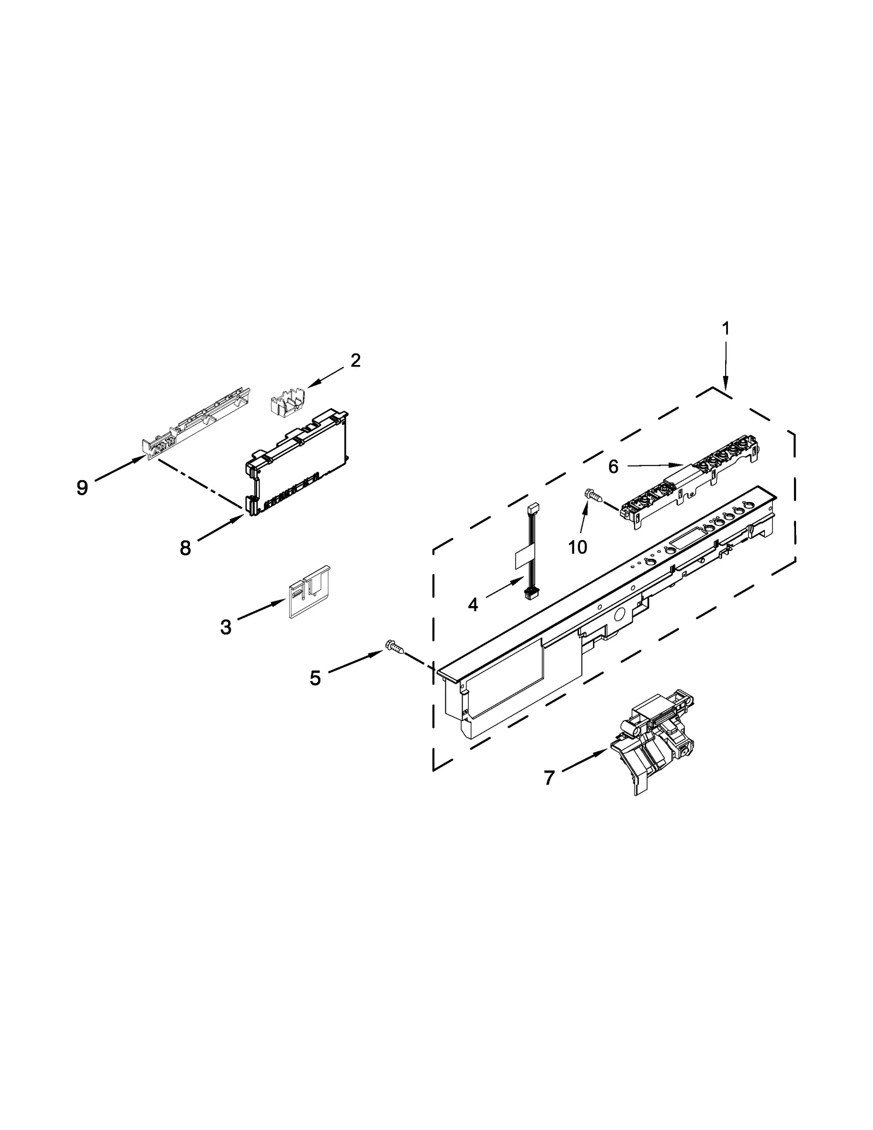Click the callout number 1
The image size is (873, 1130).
click(726, 328)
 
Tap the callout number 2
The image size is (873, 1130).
click(355, 360)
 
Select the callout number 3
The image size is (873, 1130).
click(225, 627)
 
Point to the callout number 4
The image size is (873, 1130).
click(473, 604)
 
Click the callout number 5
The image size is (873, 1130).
click(315, 678)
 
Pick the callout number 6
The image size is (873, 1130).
click(613, 467)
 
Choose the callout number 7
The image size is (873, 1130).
click(549, 778)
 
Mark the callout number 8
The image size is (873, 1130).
click(186, 548)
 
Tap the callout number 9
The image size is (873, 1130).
click(82, 487)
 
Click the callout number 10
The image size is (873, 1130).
click(577, 547)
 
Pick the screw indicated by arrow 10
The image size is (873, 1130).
click(594, 495)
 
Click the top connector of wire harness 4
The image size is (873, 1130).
click(533, 509)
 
